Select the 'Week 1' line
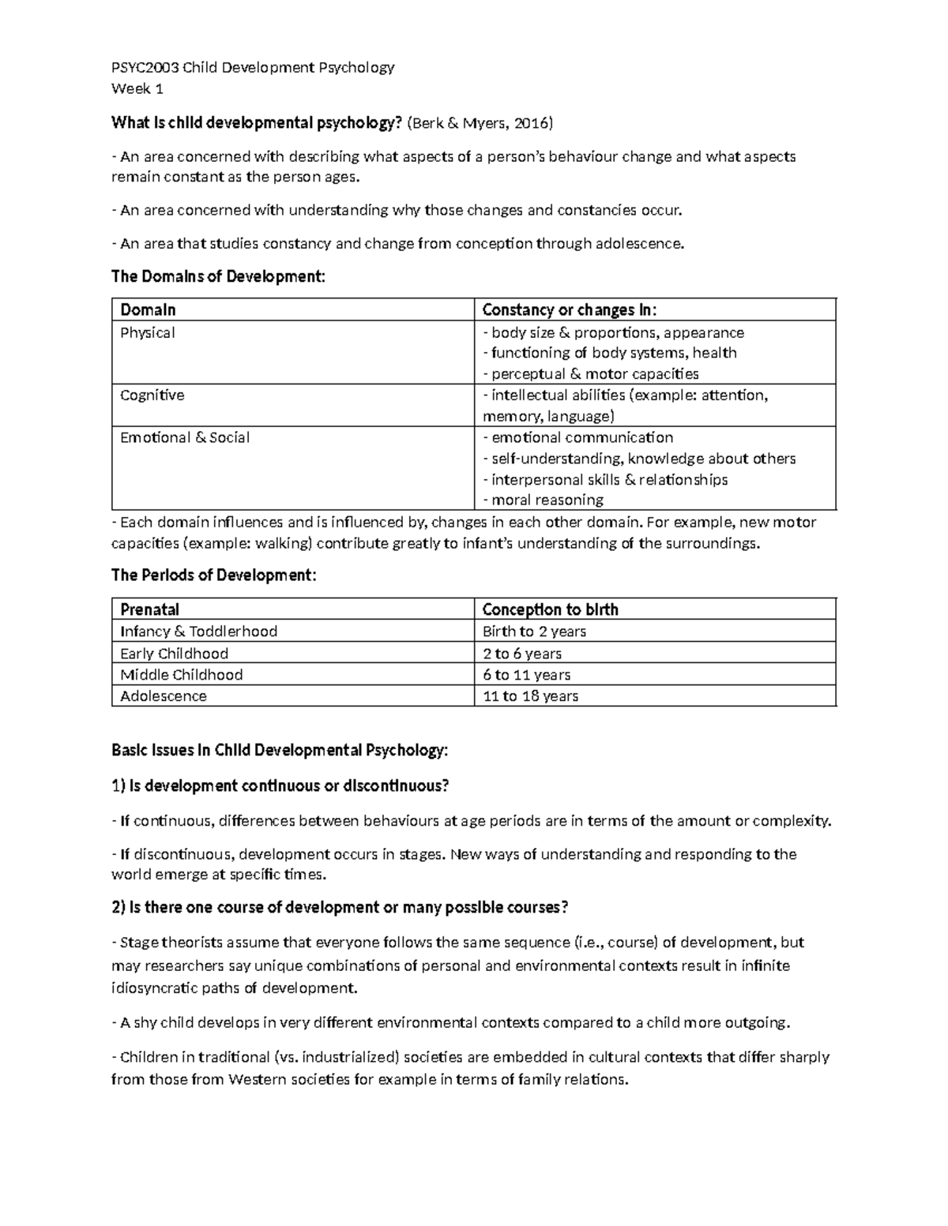137,88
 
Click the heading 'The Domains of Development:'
218,276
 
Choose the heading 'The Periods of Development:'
213,575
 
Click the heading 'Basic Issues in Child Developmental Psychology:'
280,750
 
